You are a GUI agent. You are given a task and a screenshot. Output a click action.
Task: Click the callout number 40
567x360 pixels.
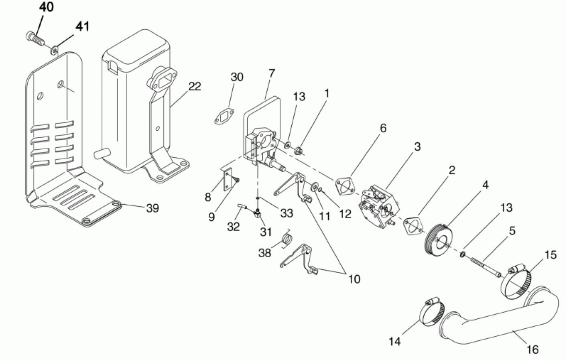[46, 7]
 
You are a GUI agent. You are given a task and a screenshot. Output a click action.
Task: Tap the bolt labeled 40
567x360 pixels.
[35, 39]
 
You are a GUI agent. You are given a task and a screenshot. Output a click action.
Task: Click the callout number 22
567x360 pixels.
[195, 86]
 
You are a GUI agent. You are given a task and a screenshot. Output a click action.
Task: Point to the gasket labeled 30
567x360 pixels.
[224, 118]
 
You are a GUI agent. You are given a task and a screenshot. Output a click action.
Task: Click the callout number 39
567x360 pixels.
[152, 208]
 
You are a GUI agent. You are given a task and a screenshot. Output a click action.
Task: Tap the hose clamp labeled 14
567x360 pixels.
[432, 312]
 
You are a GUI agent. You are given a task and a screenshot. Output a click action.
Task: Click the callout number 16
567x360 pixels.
[532, 350]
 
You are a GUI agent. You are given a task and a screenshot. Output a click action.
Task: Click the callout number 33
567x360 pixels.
[287, 213]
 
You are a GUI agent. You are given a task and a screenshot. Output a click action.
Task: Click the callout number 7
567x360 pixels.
[271, 73]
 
